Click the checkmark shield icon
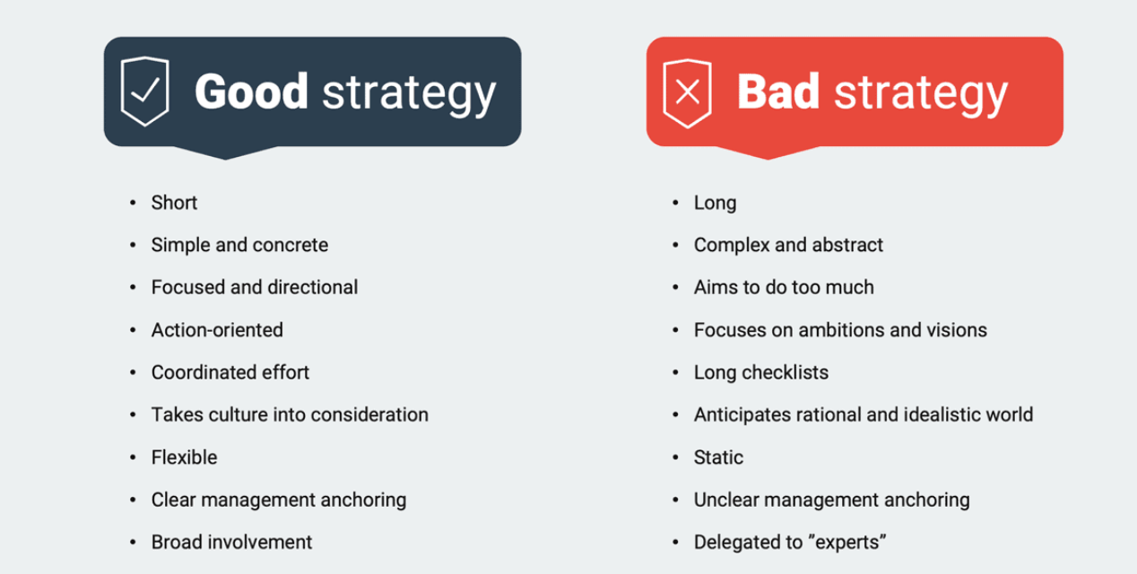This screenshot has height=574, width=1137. coord(144,91)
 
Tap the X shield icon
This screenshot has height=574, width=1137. coord(687,93)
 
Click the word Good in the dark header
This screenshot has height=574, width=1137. coord(251,91)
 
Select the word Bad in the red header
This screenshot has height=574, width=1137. coord(778,91)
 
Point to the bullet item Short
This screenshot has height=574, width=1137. coord(174,203)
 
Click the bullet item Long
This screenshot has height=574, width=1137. coord(715,203)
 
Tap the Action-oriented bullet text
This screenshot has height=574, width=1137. coord(217,330)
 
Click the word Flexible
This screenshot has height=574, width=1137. coord(184,457)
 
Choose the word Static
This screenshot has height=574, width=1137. coord(718,457)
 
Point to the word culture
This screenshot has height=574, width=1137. coord(238,414)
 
